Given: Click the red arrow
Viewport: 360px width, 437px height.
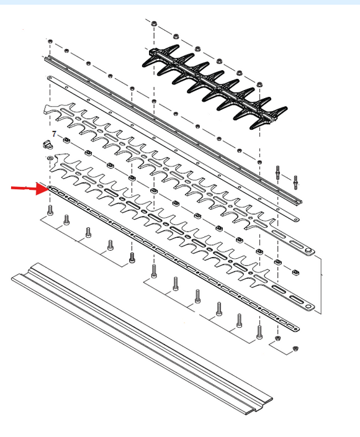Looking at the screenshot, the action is pyautogui.click(x=29, y=189).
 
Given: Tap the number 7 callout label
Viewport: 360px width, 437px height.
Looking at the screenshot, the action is pyautogui.click(x=54, y=134).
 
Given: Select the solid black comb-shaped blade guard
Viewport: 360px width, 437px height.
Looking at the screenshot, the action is pyautogui.click(x=215, y=87).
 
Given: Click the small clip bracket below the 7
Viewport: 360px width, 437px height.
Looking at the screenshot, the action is pyautogui.click(x=48, y=145).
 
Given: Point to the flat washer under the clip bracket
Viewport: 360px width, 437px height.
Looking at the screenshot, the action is pyautogui.click(x=50, y=158).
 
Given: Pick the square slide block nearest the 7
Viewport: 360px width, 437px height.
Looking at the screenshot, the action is pyautogui.click(x=66, y=140).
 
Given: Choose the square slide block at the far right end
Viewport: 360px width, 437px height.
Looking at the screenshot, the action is pyautogui.click(x=295, y=272).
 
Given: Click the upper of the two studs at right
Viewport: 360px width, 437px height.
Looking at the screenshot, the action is pyautogui.click(x=278, y=173).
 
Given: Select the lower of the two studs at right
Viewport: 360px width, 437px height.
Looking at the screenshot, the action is pyautogui.click(x=295, y=182).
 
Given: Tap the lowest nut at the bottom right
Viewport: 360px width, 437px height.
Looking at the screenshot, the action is pyautogui.click(x=295, y=348).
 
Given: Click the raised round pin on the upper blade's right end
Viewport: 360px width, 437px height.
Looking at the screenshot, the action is pyautogui.click(x=308, y=251).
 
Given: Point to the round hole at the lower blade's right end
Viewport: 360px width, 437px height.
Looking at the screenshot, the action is pyautogui.click(x=308, y=307).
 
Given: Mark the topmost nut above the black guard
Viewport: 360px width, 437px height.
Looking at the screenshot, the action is pyautogui.click(x=153, y=24).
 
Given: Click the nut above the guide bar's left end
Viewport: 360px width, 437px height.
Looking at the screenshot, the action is pyautogui.click(x=50, y=41).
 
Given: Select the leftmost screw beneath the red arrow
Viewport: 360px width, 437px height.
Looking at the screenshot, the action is pyautogui.click(x=50, y=210).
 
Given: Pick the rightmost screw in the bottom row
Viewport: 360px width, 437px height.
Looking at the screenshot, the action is pyautogui.click(x=259, y=332).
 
